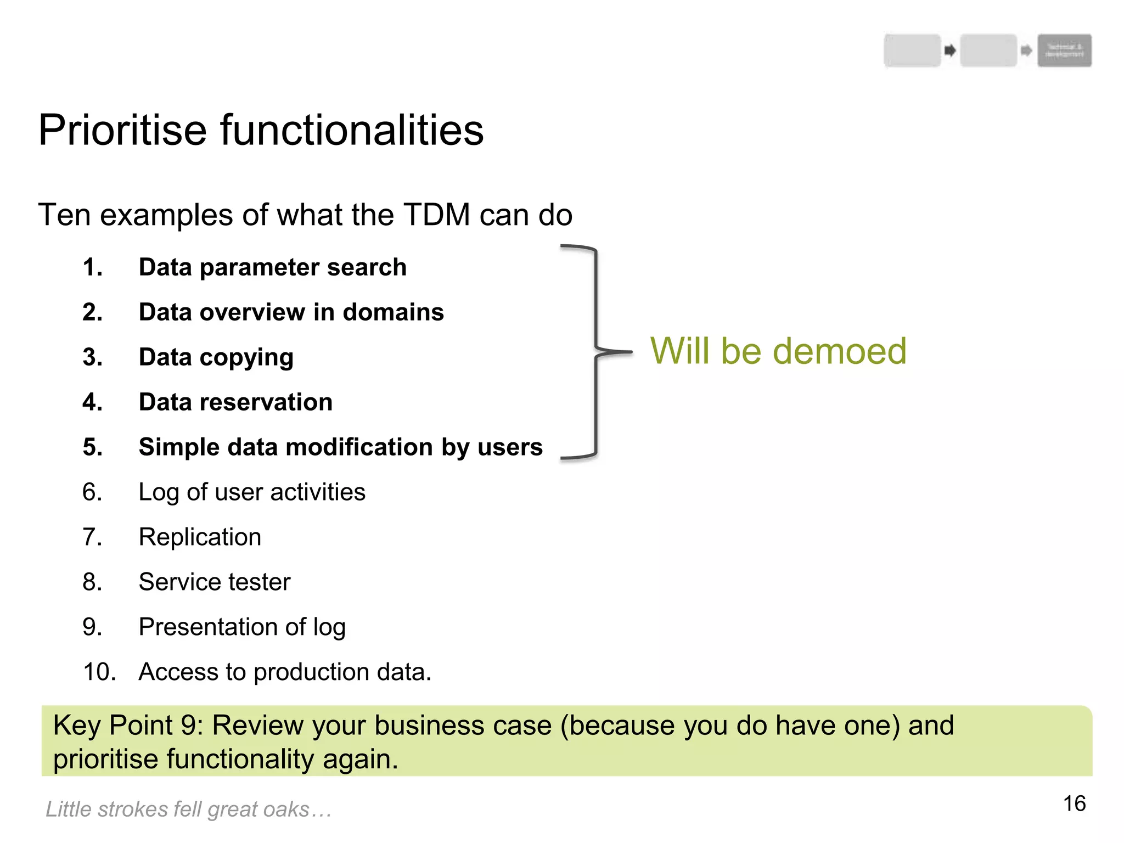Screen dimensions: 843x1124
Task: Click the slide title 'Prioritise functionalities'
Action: tap(261, 130)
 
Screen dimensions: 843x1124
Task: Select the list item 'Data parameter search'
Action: tap(272, 267)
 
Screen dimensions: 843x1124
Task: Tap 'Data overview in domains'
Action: tap(291, 312)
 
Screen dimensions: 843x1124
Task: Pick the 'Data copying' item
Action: tap(216, 357)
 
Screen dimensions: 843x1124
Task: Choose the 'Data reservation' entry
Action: tap(235, 402)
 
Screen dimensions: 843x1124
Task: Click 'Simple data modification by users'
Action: tap(340, 447)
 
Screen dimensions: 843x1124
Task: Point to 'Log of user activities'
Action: tap(252, 492)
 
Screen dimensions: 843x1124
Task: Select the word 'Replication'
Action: tap(200, 537)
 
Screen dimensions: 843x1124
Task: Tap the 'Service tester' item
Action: tap(215, 582)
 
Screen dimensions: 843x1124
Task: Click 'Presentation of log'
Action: tap(242, 627)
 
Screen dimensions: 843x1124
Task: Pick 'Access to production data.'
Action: tap(285, 672)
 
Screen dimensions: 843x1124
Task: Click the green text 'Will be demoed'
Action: tap(778, 351)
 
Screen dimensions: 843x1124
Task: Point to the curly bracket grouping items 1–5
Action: tap(596, 351)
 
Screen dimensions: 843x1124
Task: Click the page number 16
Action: tap(1074, 804)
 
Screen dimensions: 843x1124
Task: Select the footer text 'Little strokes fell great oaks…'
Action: tap(188, 810)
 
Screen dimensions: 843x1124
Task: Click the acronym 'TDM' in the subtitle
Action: tap(437, 215)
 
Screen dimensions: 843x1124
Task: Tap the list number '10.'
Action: tap(99, 672)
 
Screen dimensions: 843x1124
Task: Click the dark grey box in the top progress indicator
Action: tap(1064, 50)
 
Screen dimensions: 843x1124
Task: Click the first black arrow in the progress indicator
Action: tap(950, 51)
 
